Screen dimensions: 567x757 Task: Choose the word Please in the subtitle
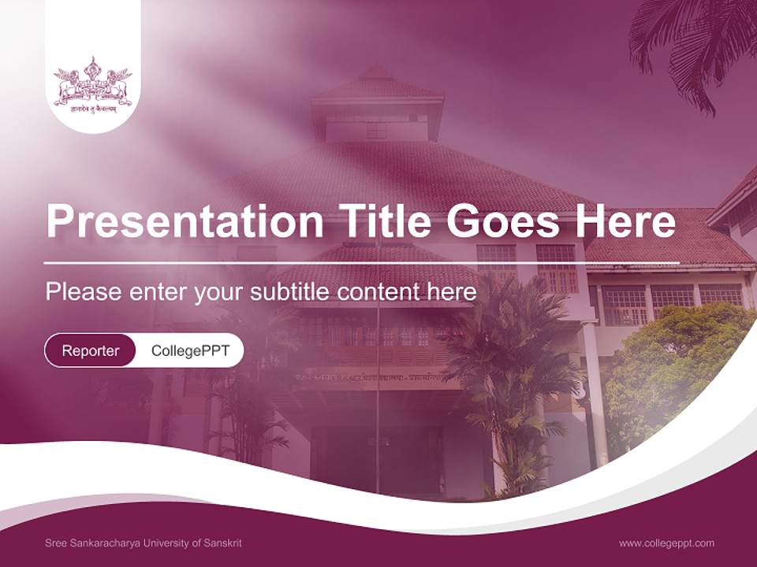pos(84,292)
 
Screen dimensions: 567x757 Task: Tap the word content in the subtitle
pos(382,292)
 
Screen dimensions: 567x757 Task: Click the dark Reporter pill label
pos(91,351)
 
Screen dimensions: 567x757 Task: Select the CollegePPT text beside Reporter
pos(190,351)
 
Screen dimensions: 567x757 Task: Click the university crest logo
pos(93,83)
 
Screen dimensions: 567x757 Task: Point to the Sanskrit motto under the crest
pos(93,111)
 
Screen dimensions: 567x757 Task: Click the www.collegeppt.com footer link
pos(666,543)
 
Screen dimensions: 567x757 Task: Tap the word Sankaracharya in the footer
pos(108,543)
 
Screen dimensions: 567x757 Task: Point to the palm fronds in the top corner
pos(694,39)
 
